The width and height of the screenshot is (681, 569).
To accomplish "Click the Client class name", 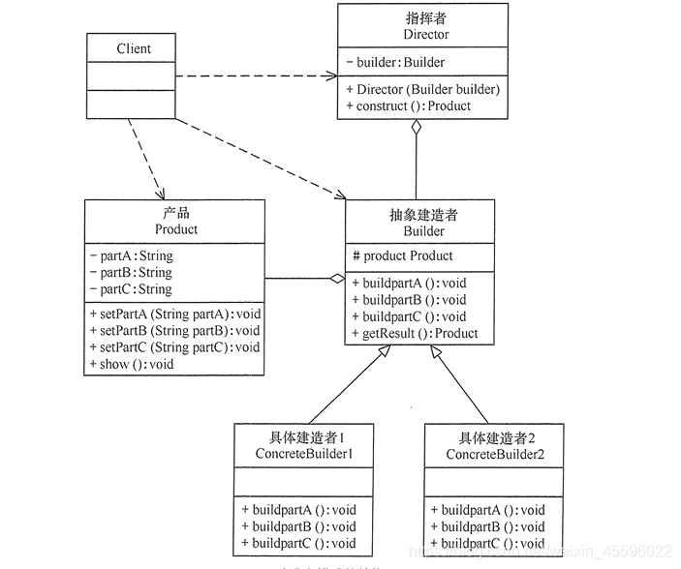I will click(x=133, y=48).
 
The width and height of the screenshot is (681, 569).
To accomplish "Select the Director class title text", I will click(x=421, y=34).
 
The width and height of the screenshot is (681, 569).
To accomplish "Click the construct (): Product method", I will click(x=407, y=105).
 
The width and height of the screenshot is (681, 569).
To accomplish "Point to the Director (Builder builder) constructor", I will click(x=421, y=89).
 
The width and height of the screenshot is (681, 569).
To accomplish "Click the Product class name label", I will click(x=175, y=229).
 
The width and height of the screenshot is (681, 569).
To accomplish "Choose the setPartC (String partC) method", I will click(x=174, y=347).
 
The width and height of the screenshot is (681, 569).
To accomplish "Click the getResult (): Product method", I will click(x=415, y=334).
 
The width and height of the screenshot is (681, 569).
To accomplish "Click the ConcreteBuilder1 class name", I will click(x=303, y=454).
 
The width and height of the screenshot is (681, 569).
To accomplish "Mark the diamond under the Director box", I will click(x=417, y=127).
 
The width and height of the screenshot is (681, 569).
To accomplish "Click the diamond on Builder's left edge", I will click(x=336, y=279).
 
